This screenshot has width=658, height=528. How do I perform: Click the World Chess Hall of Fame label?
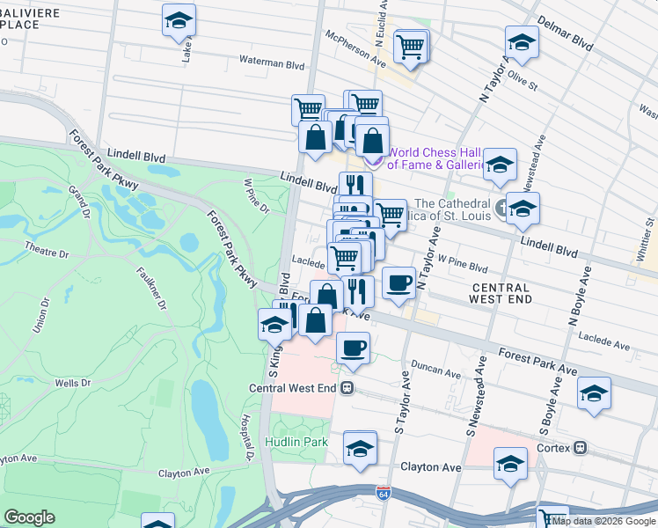[x=437, y=158]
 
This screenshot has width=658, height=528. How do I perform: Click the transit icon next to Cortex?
[x=580, y=447]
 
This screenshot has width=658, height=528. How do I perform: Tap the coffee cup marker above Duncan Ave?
[x=353, y=346]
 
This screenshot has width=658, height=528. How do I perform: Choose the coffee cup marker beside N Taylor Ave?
[x=399, y=282]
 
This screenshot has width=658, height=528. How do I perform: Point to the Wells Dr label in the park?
[x=72, y=383]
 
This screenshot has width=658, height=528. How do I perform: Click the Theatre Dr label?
[x=46, y=250]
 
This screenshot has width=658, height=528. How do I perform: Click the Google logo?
[x=29, y=517]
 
